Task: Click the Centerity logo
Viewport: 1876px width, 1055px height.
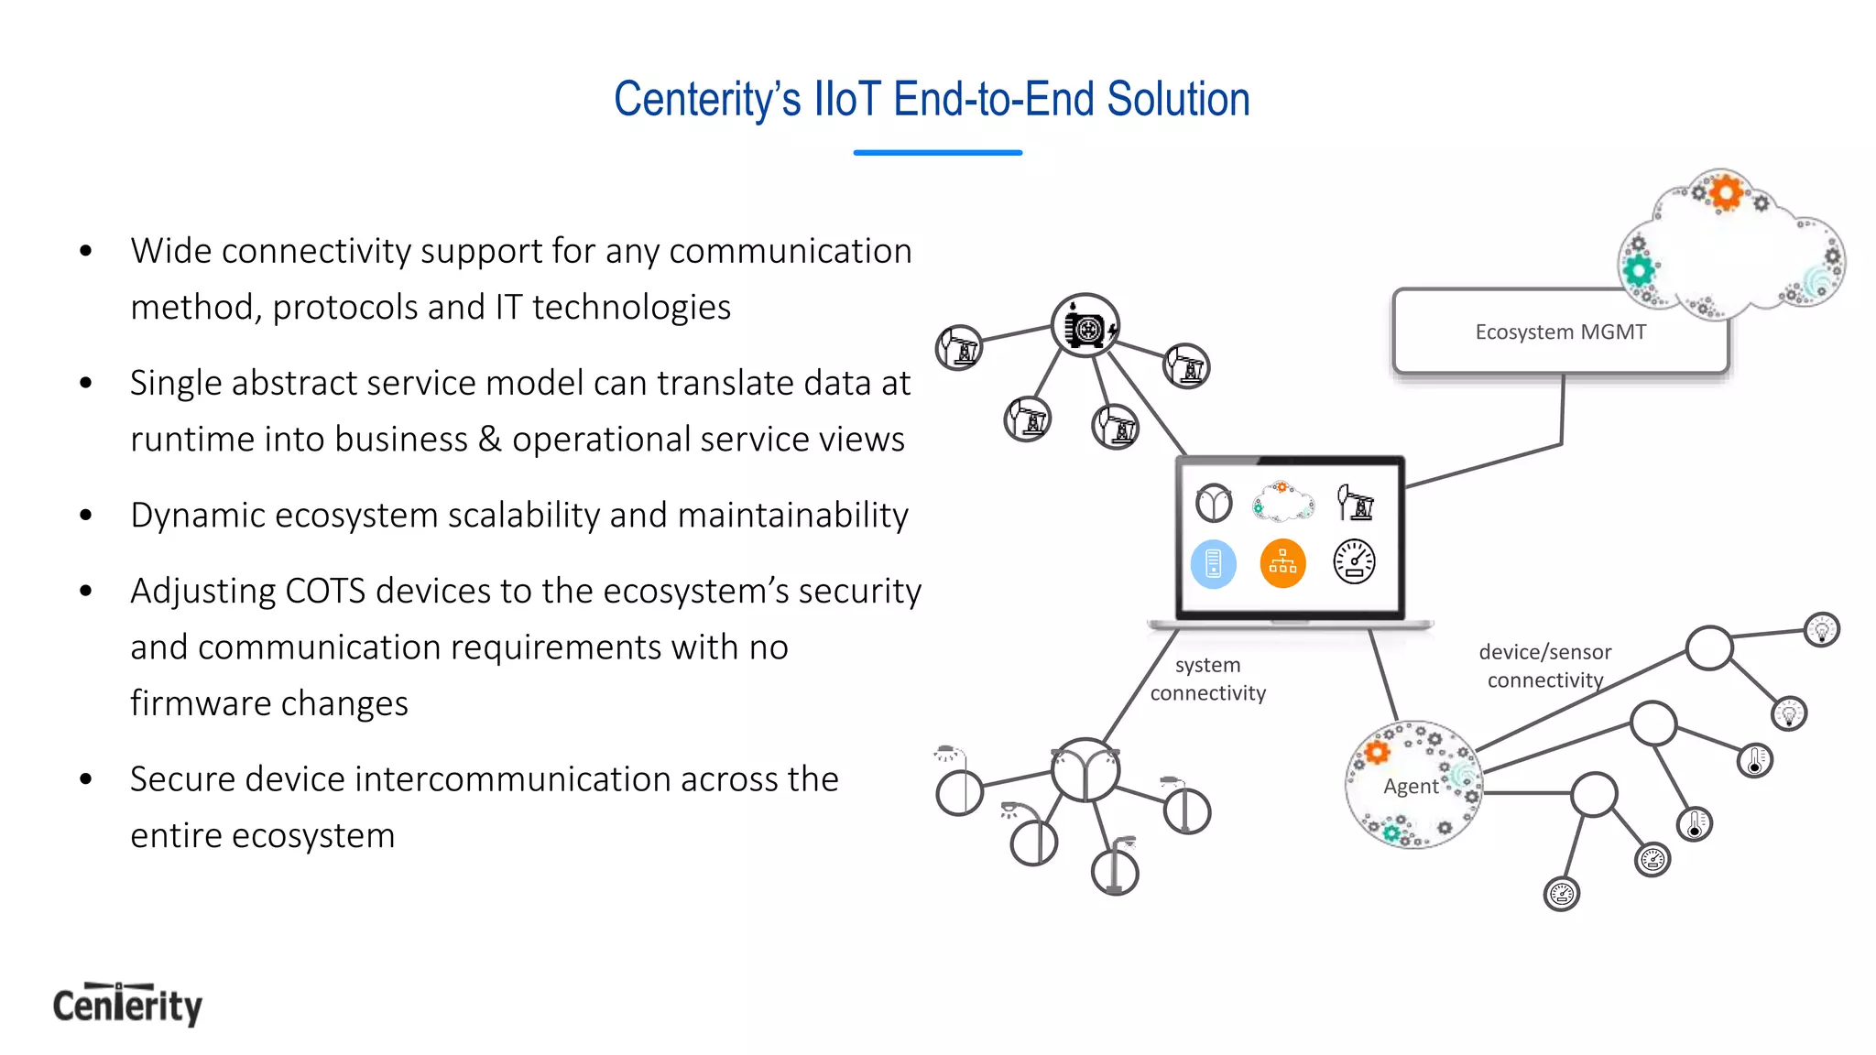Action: (127, 1005)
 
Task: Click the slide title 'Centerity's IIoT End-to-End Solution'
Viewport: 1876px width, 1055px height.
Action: (932, 99)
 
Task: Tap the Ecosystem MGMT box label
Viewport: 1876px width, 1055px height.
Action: (1560, 332)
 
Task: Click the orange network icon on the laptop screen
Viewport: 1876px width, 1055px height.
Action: (1282, 563)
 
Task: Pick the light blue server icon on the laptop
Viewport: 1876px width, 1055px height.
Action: (1213, 563)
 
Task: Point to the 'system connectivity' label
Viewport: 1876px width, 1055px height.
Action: (1207, 679)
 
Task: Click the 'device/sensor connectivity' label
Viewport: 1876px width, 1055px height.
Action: (1544, 666)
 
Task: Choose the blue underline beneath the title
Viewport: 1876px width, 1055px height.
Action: (937, 153)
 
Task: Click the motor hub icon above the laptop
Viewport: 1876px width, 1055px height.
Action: (1085, 325)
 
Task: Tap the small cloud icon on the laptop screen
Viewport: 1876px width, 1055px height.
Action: (1282, 502)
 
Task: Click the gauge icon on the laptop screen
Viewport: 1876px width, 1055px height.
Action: (1354, 562)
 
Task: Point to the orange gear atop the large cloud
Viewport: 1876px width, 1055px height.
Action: (1726, 192)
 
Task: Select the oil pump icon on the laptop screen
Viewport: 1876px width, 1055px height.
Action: (1355, 502)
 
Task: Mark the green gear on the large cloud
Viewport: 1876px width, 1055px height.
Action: (1639, 270)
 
